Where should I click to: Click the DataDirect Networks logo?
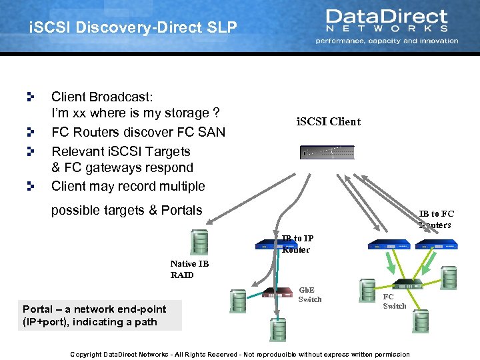click(387, 20)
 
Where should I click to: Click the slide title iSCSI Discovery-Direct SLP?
click(133, 28)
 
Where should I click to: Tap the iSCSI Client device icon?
click(327, 153)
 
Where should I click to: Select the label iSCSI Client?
click(327, 121)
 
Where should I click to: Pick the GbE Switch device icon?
click(279, 293)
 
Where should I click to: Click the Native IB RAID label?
click(189, 269)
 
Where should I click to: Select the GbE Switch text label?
click(310, 295)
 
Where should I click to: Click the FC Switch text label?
click(394, 301)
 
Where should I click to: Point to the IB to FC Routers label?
click(437, 219)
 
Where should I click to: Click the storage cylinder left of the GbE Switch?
click(238, 302)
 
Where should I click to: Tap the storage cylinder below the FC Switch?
click(421, 321)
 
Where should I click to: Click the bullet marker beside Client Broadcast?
click(30, 97)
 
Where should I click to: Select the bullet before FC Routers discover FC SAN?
click(30, 132)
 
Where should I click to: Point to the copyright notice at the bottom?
click(240, 354)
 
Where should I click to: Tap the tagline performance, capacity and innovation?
click(387, 41)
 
